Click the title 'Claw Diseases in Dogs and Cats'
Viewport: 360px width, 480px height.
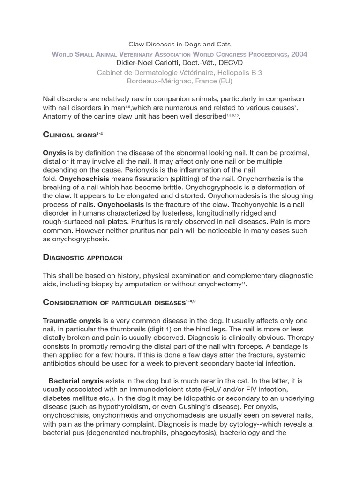pos(180,45)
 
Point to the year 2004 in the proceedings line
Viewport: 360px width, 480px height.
pos(299,54)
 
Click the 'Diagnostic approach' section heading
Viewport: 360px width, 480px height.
pos(82,257)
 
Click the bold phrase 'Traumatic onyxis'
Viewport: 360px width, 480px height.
pos(72,321)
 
